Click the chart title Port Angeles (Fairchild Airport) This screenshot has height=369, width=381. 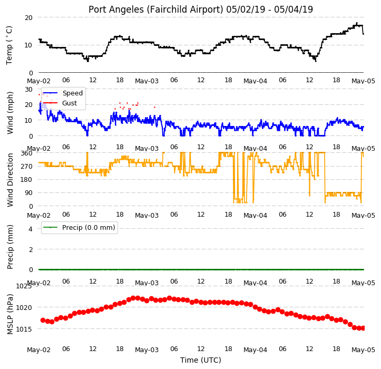(x=156, y=9)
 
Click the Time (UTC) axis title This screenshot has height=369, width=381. (x=201, y=360)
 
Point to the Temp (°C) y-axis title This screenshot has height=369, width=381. (x=9, y=45)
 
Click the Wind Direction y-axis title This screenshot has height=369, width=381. (x=10, y=180)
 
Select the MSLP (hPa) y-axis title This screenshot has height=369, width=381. (x=10, y=314)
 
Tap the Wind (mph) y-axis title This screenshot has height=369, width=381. (x=10, y=113)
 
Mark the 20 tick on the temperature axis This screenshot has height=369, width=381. (x=28, y=18)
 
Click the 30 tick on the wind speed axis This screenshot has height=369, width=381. (x=28, y=90)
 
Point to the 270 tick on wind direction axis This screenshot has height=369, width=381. (x=27, y=167)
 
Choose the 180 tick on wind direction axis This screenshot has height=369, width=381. (x=27, y=180)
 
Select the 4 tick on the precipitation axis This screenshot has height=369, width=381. (x=31, y=229)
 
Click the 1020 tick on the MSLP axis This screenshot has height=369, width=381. (x=24, y=308)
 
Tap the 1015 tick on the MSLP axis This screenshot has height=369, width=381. (x=24, y=329)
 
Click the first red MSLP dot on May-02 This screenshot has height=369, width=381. (x=43, y=320)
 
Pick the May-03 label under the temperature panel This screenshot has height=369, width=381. (x=147, y=81)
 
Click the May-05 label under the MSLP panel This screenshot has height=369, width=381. (x=364, y=350)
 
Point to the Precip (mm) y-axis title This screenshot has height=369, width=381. (x=10, y=247)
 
